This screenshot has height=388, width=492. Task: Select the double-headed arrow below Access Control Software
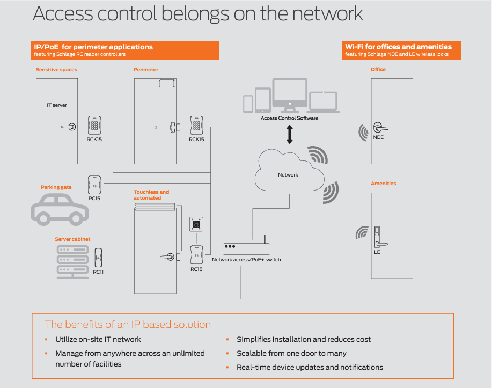290,134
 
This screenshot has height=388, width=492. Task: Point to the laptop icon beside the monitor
323,102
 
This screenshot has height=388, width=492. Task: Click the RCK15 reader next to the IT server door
94,126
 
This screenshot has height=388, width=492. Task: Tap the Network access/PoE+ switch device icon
246,248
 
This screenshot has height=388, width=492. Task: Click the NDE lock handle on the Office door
380,128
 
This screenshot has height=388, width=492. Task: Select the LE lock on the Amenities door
378,239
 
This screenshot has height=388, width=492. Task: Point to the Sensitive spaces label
56,70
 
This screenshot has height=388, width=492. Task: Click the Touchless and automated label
151,195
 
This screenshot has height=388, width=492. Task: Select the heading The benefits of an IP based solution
128,324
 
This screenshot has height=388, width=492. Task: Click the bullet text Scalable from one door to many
291,353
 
